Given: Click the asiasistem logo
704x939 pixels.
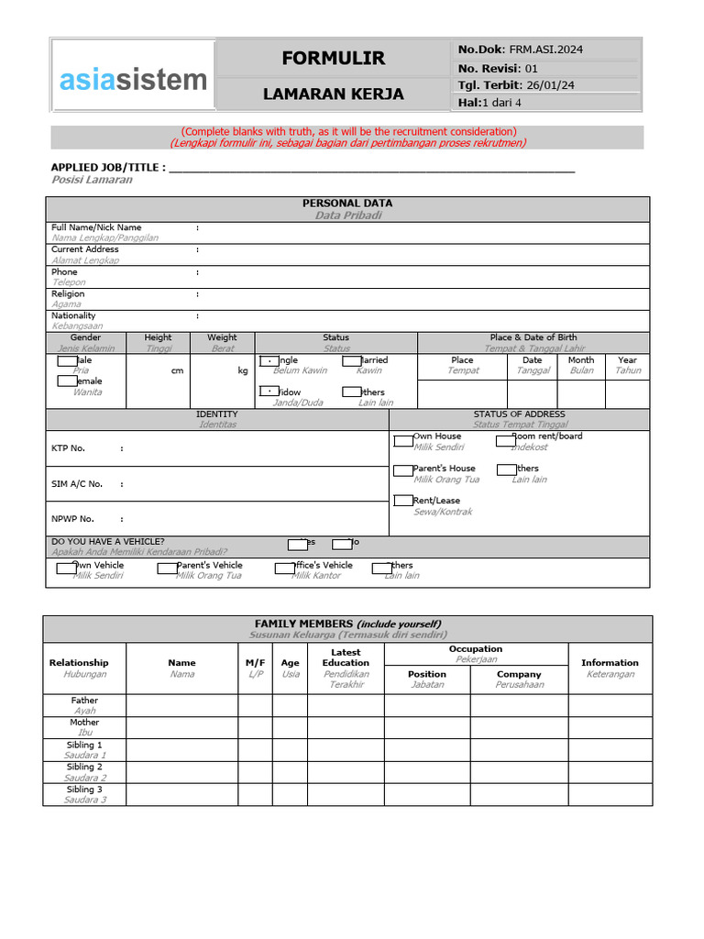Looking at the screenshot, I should click(134, 80).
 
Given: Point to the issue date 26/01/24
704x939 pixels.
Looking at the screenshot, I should click(549, 85).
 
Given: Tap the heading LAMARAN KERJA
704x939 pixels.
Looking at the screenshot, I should click(333, 94).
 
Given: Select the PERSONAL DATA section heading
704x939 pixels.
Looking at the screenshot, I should click(347, 203).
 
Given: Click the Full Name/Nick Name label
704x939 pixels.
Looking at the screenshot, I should click(96, 227).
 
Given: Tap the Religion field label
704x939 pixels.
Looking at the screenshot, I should click(68, 294).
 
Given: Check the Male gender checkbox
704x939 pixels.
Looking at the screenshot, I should click(67, 361).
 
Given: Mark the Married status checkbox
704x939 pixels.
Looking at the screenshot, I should click(352, 361).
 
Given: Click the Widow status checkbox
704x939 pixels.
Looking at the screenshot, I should click(269, 392).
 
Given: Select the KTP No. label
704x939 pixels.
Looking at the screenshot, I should click(68, 448).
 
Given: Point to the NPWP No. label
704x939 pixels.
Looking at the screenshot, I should click(72, 519).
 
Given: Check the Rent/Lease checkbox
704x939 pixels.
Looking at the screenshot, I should click(403, 501).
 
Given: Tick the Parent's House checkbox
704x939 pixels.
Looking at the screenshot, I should click(403, 470).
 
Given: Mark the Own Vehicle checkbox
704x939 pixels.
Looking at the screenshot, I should click(66, 569).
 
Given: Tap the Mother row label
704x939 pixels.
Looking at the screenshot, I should click(84, 723).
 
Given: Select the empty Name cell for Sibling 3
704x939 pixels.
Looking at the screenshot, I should click(181, 794).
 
